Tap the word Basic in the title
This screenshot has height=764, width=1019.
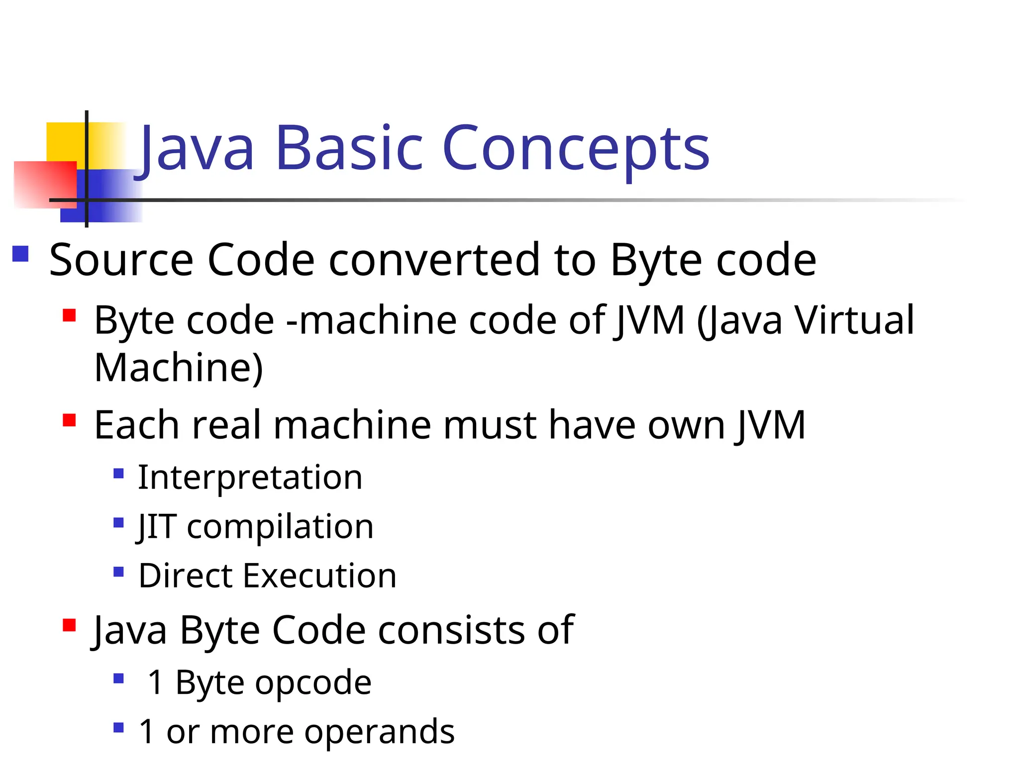tap(349, 148)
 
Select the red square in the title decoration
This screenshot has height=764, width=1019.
tap(45, 184)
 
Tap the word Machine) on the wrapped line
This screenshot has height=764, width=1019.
tap(179, 368)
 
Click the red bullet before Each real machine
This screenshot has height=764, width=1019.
tap(69, 420)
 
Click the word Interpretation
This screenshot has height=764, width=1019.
tap(250, 477)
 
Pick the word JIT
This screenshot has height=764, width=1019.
tap(156, 526)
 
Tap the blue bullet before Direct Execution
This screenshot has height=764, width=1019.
tap(118, 571)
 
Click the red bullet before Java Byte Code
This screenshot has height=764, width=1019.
tap(69, 625)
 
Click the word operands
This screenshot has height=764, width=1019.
tap(379, 732)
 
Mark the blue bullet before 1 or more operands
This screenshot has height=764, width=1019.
tap(118, 728)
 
